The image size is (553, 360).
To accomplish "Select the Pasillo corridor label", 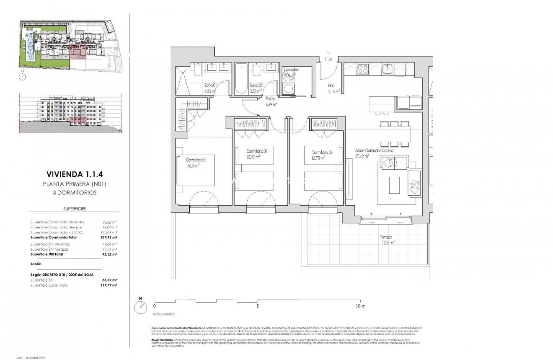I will pyautogui.click(x=271, y=99).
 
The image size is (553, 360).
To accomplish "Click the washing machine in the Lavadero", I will pyautogui.click(x=289, y=88).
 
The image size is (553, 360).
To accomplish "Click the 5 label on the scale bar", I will pyautogui.click(x=257, y=306).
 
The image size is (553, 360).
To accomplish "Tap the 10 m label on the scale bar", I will pyautogui.click(x=361, y=306).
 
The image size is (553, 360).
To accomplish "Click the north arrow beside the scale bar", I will pyautogui.click(x=140, y=307).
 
